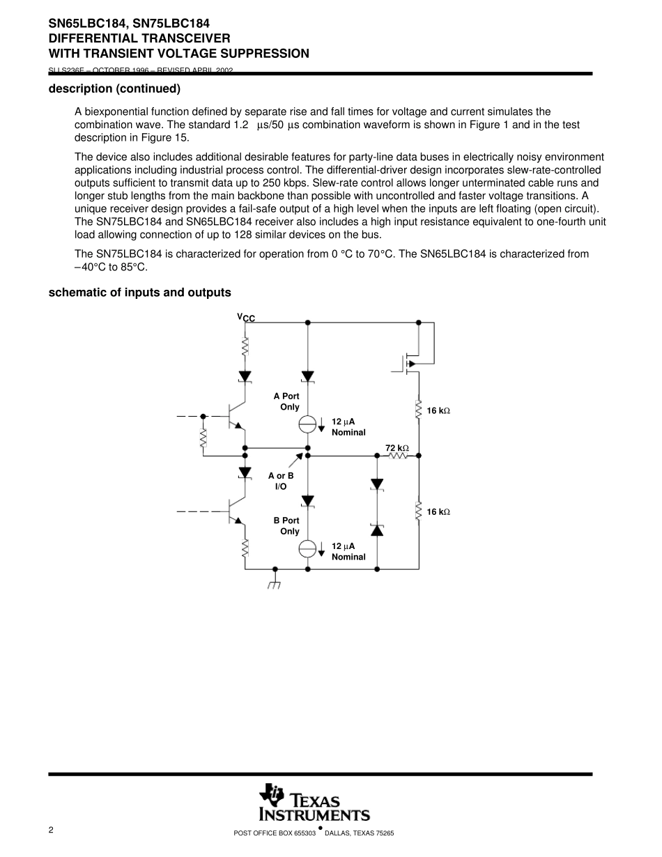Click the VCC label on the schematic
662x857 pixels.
coord(246,318)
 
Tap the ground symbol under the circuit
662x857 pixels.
coord(275,583)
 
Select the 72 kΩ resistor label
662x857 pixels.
coord(397,448)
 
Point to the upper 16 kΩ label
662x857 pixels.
coord(438,411)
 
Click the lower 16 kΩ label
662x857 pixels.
coord(438,512)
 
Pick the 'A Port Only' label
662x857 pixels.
coord(286,401)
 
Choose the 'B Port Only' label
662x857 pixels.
coord(286,525)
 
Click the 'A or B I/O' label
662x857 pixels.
coord(281,481)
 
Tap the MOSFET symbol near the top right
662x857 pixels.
coord(408,363)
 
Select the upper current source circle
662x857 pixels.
coord(308,423)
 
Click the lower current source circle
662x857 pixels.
coord(308,548)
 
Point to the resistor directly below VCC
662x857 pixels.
coord(245,346)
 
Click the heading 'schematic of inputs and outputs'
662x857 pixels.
coord(139,293)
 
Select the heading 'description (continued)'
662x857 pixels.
coord(114,88)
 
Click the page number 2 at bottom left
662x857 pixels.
coord(51,830)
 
